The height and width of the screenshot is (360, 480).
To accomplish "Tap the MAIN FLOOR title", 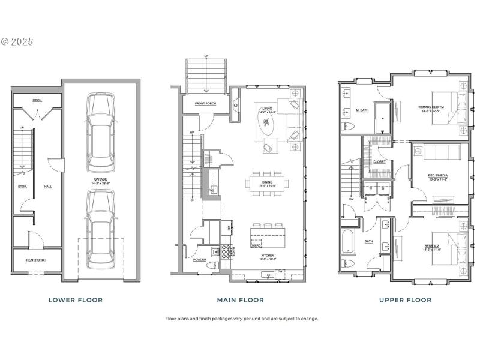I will point(240,299).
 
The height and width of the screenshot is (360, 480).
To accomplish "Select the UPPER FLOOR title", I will point(406,299).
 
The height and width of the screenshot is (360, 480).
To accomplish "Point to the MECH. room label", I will point(37,100).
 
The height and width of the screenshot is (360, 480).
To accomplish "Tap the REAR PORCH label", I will point(37,260).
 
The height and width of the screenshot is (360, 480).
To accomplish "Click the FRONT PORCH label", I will point(205,104).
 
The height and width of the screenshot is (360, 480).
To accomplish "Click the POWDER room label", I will point(200,260).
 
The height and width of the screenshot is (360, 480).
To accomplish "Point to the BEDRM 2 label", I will point(432,244).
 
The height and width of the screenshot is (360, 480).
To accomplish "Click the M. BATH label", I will point(361,110).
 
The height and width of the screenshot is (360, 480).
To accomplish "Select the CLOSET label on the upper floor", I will point(379,161).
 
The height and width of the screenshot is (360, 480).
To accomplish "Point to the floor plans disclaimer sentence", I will point(241,319).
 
